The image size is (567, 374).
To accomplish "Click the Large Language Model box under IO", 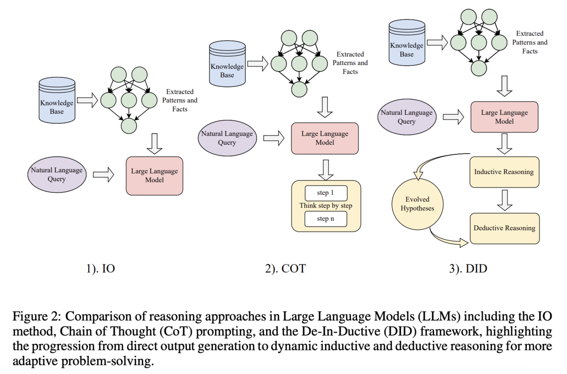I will (154, 176).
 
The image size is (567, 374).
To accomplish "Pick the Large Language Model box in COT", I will (325, 138).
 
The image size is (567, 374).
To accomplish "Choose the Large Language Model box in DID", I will (504, 117).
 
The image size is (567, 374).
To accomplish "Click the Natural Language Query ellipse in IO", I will (57, 175).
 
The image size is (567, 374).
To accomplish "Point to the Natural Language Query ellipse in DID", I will (406, 117).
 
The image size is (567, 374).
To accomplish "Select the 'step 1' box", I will (326, 193).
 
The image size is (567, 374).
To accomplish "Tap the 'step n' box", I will (326, 219).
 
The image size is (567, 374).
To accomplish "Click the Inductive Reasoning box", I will (504, 172).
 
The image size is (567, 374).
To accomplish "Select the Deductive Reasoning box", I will (504, 228).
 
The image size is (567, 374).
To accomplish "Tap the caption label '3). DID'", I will (468, 269).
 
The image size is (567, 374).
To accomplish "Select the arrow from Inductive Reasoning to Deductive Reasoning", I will (504, 200).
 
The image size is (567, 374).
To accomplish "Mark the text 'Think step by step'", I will (326, 206).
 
